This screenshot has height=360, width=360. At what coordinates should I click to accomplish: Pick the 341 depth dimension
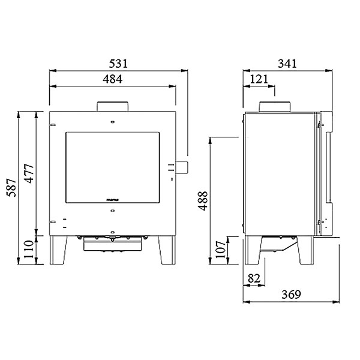[x=288, y=63]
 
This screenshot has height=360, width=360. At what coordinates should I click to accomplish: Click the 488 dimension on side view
[x=202, y=201]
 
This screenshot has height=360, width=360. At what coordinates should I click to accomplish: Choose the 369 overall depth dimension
[x=291, y=295]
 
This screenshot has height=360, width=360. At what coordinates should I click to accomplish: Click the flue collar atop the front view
[x=112, y=106]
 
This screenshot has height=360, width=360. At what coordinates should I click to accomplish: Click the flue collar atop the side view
[x=275, y=107]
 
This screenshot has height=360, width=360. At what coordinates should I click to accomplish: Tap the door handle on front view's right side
[x=181, y=166]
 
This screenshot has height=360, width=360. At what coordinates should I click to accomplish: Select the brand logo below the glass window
[x=112, y=196]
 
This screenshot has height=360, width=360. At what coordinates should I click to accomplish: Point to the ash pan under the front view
[x=112, y=243]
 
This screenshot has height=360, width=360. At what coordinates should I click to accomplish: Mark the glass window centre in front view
[x=112, y=166]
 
